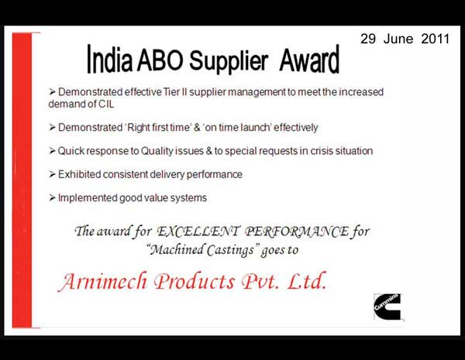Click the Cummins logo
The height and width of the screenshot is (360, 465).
tap(387, 307)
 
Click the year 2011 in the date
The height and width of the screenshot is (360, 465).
tap(435, 39)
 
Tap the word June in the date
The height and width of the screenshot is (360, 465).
tap(398, 39)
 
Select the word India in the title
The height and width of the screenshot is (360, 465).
tap(110, 59)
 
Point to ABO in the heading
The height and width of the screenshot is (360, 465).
tap(160, 60)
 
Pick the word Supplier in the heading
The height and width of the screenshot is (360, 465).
tap(229, 61)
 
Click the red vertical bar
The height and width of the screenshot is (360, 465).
tap(22, 180)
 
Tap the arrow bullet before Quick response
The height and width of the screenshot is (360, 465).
tap(52, 151)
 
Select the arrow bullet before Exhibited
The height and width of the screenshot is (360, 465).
tap(52, 174)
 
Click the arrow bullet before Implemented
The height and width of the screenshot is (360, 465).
tap(52, 198)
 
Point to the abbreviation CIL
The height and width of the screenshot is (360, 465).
tap(106, 105)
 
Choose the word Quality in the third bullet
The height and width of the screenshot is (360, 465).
tap(157, 151)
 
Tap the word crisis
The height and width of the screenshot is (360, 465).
tap(322, 151)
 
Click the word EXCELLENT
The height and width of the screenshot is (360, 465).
tap(198, 231)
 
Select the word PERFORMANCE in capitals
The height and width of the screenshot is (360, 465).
tap(297, 231)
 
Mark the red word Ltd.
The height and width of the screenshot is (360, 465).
tap(307, 280)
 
